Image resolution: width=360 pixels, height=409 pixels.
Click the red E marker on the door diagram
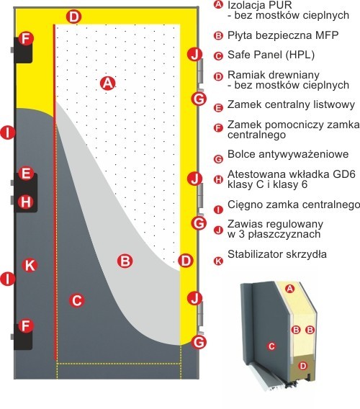[26, 174]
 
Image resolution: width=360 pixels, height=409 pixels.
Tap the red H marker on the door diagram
[26, 202]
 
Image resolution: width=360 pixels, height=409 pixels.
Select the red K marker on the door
[30, 265]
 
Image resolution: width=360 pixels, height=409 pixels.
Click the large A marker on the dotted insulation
[108, 84]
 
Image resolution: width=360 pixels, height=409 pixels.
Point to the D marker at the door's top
[74, 17]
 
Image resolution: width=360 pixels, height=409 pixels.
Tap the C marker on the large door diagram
[77, 300]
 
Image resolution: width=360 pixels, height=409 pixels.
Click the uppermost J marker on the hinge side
[195, 55]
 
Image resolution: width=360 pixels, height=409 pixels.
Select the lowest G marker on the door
[199, 342]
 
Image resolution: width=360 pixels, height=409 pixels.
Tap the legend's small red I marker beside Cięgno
[218, 210]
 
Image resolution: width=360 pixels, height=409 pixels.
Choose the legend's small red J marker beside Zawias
[218, 230]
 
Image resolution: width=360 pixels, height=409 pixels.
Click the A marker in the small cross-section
[289, 289]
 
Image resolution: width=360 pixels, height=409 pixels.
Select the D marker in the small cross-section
[302, 366]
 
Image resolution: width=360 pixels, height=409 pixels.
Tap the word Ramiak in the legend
[246, 75]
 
